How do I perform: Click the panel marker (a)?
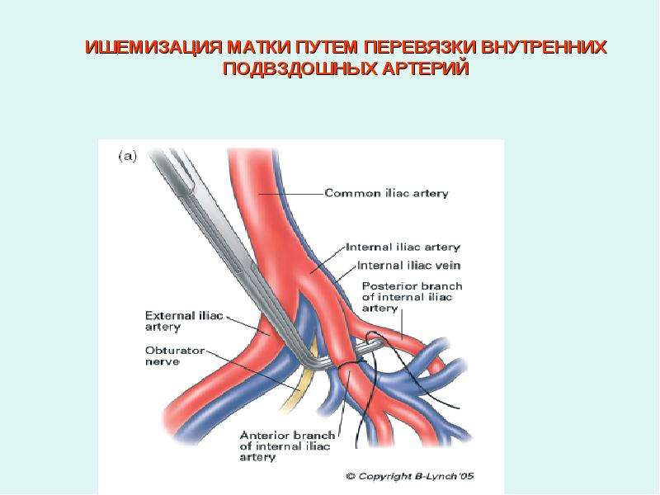click(x=128, y=157)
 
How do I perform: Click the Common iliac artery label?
click(x=386, y=194)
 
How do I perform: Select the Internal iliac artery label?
click(x=403, y=247)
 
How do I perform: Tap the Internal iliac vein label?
click(x=408, y=266)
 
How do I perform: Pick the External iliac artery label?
click(x=184, y=322)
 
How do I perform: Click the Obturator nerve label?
click(x=175, y=356)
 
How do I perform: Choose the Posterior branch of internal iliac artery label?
click(x=412, y=297)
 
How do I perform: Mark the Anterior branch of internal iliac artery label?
click(x=287, y=446)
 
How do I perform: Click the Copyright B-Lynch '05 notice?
click(x=409, y=477)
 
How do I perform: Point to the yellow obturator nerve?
click(x=299, y=385)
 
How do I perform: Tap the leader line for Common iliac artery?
click(x=291, y=194)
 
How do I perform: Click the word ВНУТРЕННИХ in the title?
click(x=543, y=48)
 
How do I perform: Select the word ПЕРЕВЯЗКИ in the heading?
click(x=420, y=48)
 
